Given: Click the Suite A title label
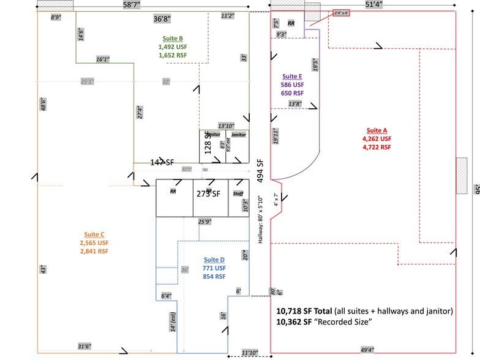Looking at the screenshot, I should (377, 130).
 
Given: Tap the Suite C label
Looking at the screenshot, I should (94, 234).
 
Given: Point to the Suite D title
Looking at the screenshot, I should (214, 260).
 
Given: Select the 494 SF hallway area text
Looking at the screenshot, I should (260, 171).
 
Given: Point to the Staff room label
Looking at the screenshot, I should (238, 193).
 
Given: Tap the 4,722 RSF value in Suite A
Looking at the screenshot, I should (377, 147).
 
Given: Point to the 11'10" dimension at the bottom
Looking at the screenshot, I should (249, 352).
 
